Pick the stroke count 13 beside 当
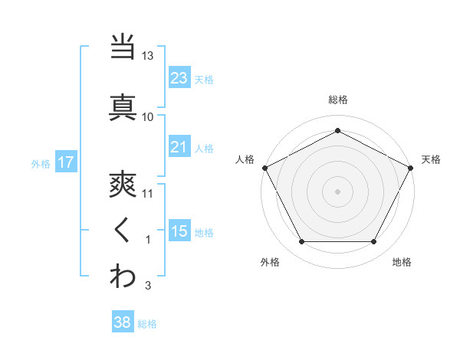[148, 56]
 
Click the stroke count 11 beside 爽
[148, 193]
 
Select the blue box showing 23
[179, 78]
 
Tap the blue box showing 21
[179, 147]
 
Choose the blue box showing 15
[179, 231]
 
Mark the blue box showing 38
[122, 323]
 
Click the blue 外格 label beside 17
[41, 163]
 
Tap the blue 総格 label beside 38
[147, 324]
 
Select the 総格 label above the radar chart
[337, 100]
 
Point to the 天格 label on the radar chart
[431, 159]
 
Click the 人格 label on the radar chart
[245, 159]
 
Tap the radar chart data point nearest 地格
[374, 242]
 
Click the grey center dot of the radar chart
[337, 191]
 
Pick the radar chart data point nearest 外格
[301, 242]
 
